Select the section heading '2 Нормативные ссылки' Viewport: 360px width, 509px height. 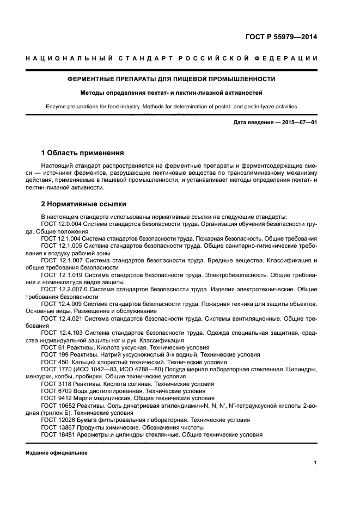click(84, 204)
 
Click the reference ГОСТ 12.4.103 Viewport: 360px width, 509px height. click(60, 332)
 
